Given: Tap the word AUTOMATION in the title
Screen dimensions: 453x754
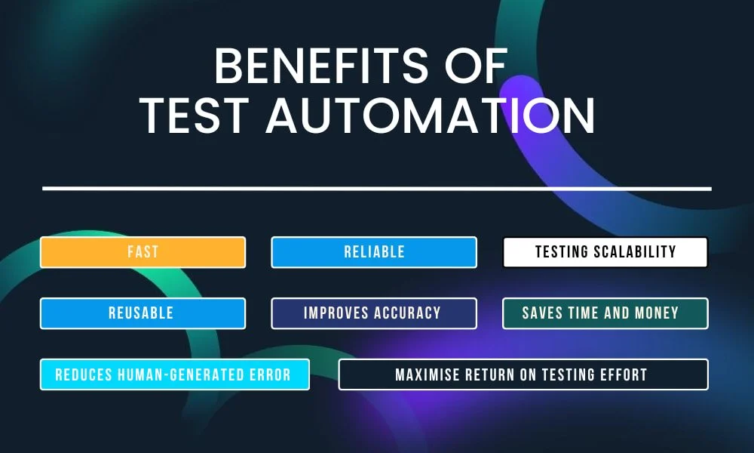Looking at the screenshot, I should pyautogui.click(x=431, y=116).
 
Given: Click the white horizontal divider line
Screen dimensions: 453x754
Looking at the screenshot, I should pyautogui.click(x=377, y=188).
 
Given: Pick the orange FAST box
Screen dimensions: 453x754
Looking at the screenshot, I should pyautogui.click(x=143, y=252).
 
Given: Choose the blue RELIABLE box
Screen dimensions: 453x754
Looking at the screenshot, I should pyautogui.click(x=374, y=252).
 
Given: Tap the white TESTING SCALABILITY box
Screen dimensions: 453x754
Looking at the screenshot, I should pyautogui.click(x=605, y=252).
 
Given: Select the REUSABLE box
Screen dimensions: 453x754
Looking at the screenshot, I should pyautogui.click(x=143, y=313).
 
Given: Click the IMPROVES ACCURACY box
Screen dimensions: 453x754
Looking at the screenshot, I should pyautogui.click(x=374, y=313).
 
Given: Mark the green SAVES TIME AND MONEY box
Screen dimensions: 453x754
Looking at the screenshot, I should pyautogui.click(x=605, y=313).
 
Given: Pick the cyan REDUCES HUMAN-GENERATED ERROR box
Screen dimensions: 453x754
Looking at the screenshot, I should pyautogui.click(x=175, y=374).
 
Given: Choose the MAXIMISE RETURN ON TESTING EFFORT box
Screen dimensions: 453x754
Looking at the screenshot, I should pyautogui.click(x=523, y=374).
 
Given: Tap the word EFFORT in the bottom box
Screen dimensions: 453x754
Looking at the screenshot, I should pyautogui.click(x=623, y=374).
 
